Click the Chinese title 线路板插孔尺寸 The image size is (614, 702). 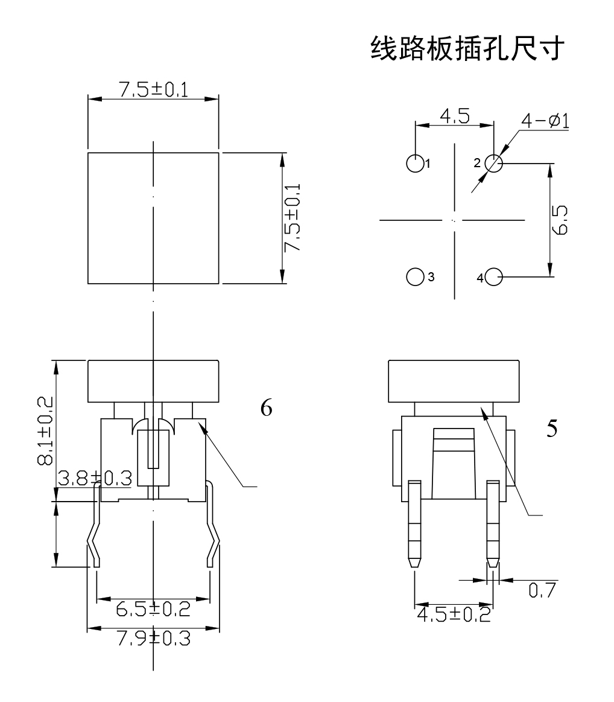pos(467,49)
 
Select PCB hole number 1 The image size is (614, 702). pos(414,163)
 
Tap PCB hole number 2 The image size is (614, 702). pos(493,163)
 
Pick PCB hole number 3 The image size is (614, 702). pos(414,276)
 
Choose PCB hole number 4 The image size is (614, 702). pos(493,277)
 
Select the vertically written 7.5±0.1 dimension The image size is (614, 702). pos(294,218)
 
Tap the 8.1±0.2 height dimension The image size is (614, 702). pos(45,431)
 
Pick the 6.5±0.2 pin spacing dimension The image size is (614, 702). pos(153,608)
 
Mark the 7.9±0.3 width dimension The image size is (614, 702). pos(153,639)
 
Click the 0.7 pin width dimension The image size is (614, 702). pos(540,590)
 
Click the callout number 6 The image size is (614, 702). pos(266,409)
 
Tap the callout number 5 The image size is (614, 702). pos(551,428)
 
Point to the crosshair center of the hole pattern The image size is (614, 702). pos(454,220)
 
